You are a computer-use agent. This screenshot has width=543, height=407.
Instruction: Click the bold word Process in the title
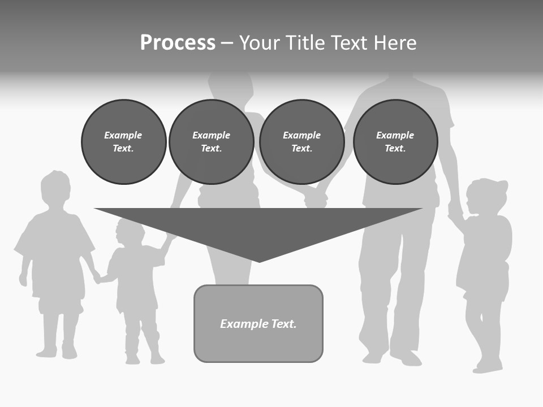tap(178, 43)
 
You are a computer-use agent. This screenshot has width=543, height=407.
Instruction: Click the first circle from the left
tap(123, 142)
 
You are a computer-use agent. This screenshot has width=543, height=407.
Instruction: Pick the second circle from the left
tap(211, 142)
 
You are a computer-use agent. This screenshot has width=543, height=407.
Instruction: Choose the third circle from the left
tap(301, 142)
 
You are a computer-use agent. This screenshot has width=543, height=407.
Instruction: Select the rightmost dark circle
tap(395, 142)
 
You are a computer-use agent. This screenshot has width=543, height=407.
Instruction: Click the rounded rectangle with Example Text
tap(258, 323)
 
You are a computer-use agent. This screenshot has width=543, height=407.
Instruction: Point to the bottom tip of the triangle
tap(259, 261)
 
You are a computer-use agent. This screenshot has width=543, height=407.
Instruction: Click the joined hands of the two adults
tap(316, 198)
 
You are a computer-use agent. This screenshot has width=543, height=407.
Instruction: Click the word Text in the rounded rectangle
tap(284, 324)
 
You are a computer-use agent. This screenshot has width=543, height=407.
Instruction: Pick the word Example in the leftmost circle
tap(123, 135)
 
